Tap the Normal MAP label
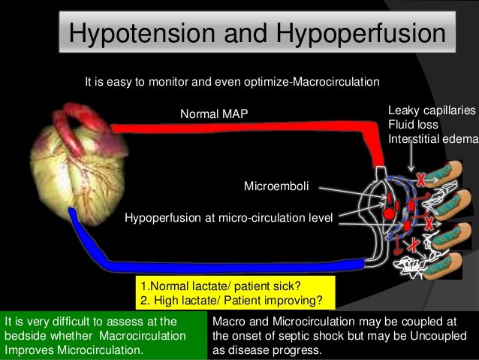click(213, 113)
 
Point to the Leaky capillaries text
click(431, 110)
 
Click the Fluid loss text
click(413, 124)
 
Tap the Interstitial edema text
click(432, 138)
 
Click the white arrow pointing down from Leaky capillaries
click(411, 159)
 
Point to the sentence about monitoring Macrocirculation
click(232, 80)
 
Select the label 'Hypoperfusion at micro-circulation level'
click(228, 218)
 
